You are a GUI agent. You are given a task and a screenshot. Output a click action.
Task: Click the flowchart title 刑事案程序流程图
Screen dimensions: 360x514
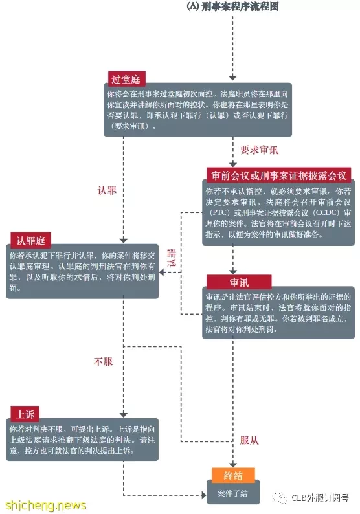point(240,6)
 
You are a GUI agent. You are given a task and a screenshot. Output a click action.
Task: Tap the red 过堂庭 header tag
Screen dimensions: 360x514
point(126,79)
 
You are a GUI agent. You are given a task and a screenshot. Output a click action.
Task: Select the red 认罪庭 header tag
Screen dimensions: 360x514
point(31,240)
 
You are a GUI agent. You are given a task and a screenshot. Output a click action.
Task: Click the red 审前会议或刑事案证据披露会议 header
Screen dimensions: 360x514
point(278,175)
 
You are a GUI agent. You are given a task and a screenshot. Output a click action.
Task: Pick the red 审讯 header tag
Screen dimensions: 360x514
point(239,282)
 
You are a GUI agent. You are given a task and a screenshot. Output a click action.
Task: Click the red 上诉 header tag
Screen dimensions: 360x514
point(25,414)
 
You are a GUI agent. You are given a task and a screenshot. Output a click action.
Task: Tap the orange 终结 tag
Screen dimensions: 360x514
point(233,475)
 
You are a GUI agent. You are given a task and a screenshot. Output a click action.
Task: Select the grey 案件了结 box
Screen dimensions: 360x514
point(233,493)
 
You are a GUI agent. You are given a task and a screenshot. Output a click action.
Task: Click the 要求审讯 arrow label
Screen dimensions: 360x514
point(259,150)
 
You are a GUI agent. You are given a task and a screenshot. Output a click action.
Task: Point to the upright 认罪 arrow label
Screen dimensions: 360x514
point(107,190)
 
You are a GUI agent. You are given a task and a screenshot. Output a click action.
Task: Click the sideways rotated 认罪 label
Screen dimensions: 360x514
point(172,258)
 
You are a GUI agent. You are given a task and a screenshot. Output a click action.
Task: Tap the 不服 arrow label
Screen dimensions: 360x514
point(103,362)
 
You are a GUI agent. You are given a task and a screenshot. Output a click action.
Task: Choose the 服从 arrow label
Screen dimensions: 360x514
point(249,440)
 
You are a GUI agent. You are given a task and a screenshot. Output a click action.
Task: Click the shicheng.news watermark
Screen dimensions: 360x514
point(46,505)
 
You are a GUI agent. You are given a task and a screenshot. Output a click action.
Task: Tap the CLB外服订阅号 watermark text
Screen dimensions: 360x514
point(320,498)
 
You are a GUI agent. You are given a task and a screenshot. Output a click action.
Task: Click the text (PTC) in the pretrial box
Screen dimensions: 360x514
point(219,212)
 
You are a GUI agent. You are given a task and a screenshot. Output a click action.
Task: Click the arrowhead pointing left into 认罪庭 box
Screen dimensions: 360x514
point(162,272)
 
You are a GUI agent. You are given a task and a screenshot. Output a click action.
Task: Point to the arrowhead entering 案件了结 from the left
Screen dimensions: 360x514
point(203,495)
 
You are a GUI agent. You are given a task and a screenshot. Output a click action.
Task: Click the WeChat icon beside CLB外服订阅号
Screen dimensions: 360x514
point(280,498)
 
